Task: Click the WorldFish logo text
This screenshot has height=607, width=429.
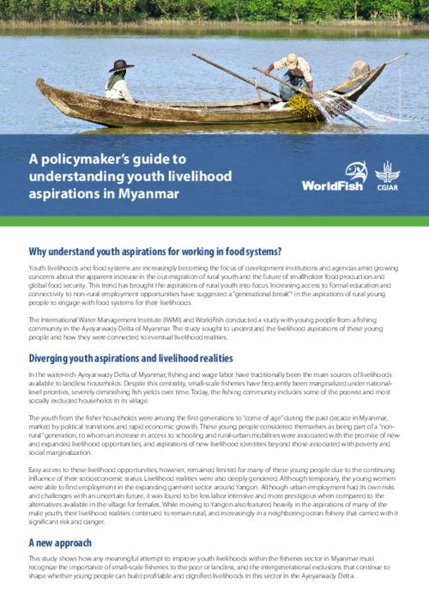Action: pyautogui.click(x=334, y=186)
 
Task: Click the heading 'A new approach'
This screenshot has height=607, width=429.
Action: pyautogui.click(x=63, y=519)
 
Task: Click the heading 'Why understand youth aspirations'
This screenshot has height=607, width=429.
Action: pyautogui.click(x=155, y=251)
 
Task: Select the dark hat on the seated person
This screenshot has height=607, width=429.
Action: pyautogui.click(x=120, y=65)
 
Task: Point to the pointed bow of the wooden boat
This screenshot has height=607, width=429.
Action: pyautogui.click(x=42, y=84)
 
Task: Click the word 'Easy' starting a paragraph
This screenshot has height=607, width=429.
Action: pyautogui.click(x=37, y=471)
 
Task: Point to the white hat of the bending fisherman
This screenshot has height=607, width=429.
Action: pyautogui.click(x=289, y=59)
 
